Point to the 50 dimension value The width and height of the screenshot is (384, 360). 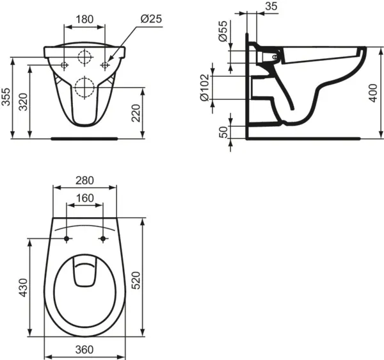pyautogui.click(x=222, y=132)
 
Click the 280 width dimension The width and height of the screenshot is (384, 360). pyautogui.click(x=85, y=181)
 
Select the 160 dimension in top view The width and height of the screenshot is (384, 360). pyautogui.click(x=85, y=199)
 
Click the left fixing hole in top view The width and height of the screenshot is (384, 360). pyautogui.click(x=67, y=239)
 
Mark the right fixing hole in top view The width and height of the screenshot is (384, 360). pyautogui.click(x=103, y=239)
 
